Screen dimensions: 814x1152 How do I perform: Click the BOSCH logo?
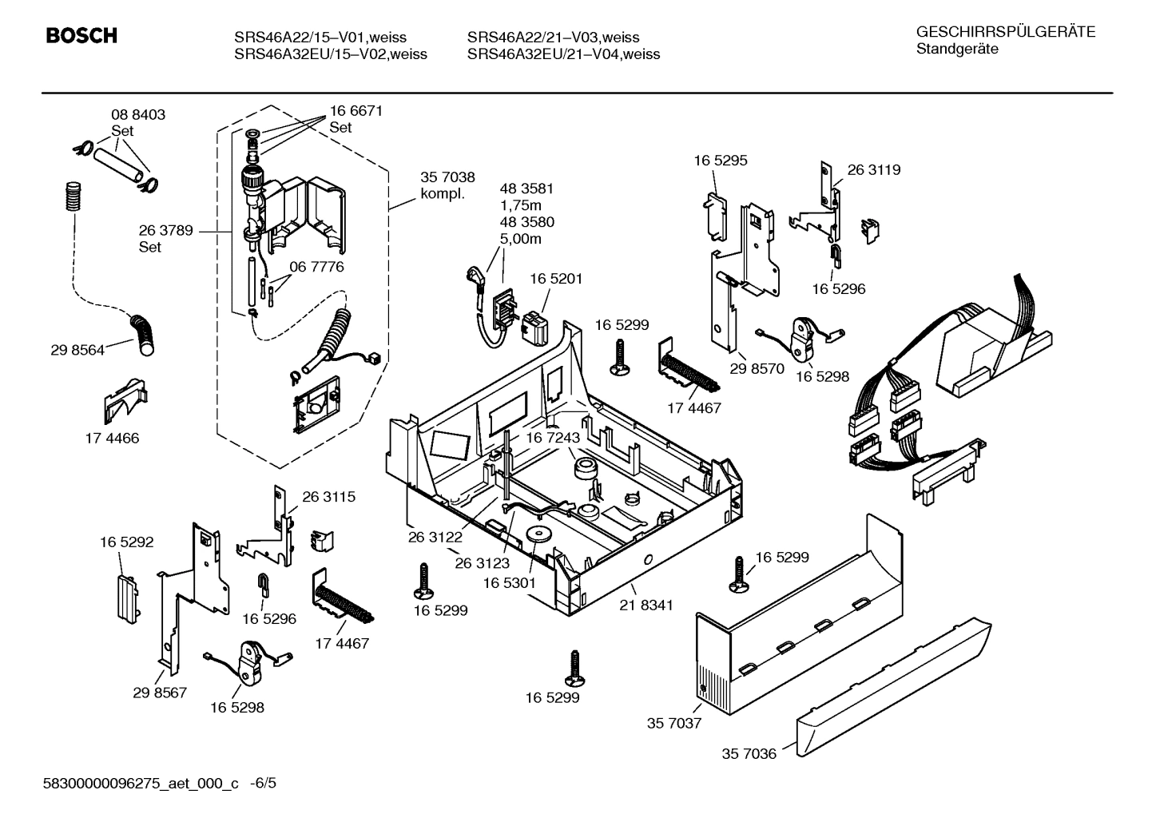81,36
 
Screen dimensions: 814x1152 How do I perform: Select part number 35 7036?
749,753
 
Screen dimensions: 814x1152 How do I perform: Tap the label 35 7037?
673,723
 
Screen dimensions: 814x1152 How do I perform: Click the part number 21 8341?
646,605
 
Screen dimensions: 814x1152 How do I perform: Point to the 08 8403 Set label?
138,122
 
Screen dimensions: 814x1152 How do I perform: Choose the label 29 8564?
77,350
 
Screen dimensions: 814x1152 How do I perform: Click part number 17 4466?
112,438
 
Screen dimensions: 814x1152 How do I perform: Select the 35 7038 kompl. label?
447,185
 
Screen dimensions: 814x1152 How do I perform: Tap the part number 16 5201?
556,279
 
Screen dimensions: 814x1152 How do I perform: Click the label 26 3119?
873,169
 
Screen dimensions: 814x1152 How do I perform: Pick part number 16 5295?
720,160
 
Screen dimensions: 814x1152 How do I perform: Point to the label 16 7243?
553,438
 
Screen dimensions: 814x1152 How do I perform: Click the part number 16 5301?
509,583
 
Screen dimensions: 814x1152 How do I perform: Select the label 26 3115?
328,496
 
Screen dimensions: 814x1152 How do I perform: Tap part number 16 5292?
126,542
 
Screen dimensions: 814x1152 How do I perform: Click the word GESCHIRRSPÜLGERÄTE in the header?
1005,32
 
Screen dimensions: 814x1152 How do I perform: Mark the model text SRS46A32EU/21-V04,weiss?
563,54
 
